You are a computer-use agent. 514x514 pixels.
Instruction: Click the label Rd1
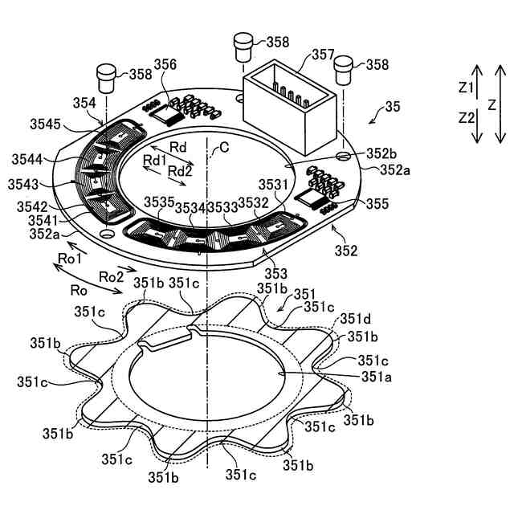(154, 161)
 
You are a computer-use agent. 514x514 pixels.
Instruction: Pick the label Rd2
(180, 171)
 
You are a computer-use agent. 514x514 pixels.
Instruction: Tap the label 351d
(354, 319)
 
